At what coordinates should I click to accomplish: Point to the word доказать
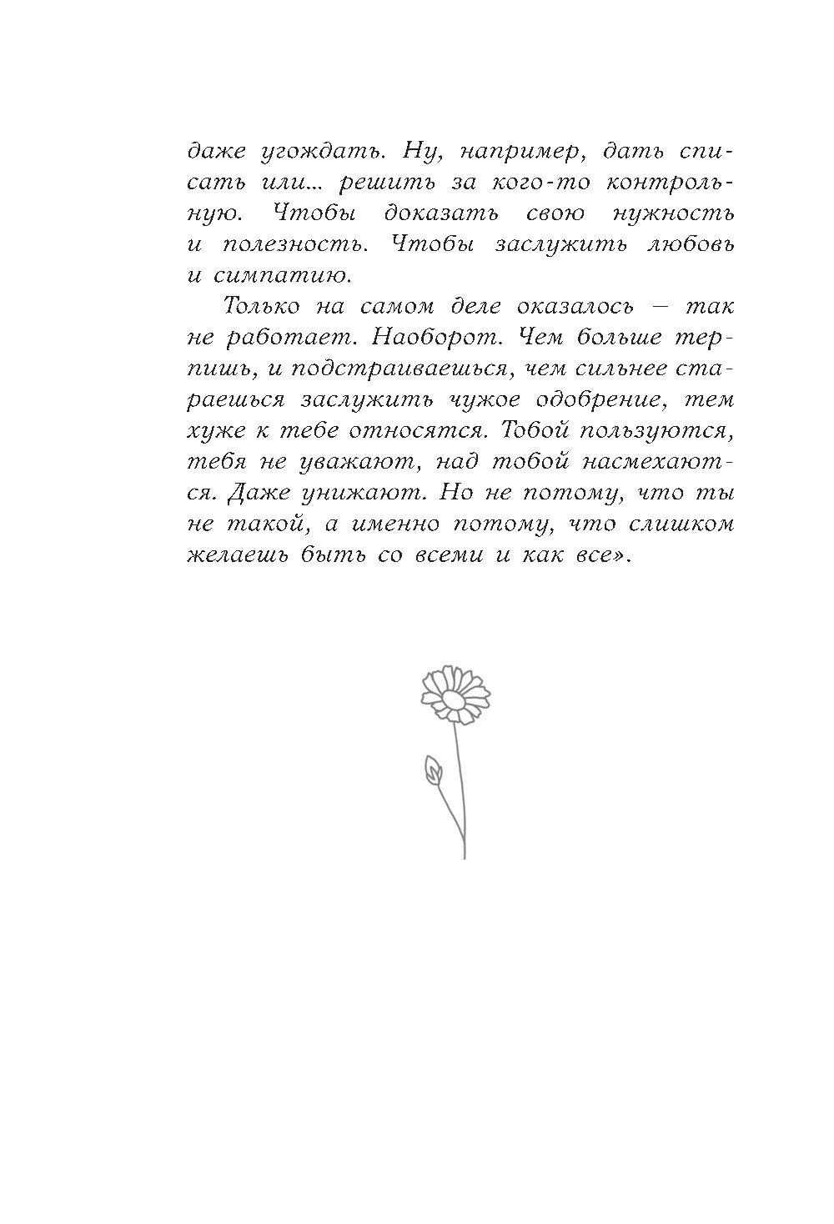coord(442,213)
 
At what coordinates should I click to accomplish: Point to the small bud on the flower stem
coord(433,770)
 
